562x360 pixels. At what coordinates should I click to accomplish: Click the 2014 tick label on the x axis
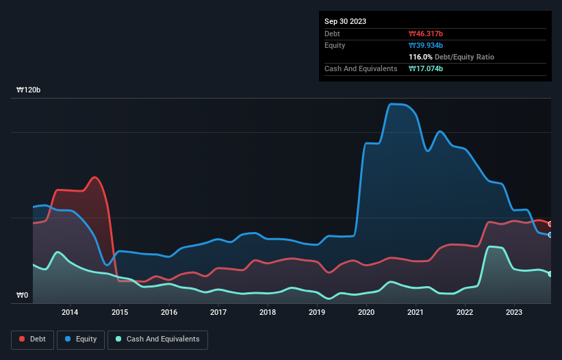pyautogui.click(x=70, y=313)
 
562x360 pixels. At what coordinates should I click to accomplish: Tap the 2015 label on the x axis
pyautogui.click(x=120, y=313)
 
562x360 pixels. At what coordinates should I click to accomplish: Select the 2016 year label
pyautogui.click(x=169, y=313)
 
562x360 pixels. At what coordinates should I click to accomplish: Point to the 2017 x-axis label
pyautogui.click(x=218, y=313)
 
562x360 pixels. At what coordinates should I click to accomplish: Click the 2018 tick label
pyautogui.click(x=268, y=313)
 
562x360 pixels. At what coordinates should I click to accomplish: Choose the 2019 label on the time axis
pyautogui.click(x=317, y=313)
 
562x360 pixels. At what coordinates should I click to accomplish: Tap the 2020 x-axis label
pyautogui.click(x=366, y=313)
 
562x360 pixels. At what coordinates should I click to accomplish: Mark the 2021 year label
pyautogui.click(x=416, y=313)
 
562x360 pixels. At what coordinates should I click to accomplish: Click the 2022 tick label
pyautogui.click(x=465, y=313)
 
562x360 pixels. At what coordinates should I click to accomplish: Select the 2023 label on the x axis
pyautogui.click(x=514, y=313)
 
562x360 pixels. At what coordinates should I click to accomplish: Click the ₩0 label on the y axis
pyautogui.click(x=23, y=296)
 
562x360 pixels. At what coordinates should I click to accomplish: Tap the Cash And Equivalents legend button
pyautogui.click(x=157, y=339)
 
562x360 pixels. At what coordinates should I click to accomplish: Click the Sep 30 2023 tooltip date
pyautogui.click(x=345, y=21)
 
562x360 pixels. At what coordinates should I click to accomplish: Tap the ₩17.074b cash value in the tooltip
pyautogui.click(x=426, y=68)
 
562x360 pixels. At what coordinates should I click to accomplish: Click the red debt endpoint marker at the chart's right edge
pyautogui.click(x=550, y=224)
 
